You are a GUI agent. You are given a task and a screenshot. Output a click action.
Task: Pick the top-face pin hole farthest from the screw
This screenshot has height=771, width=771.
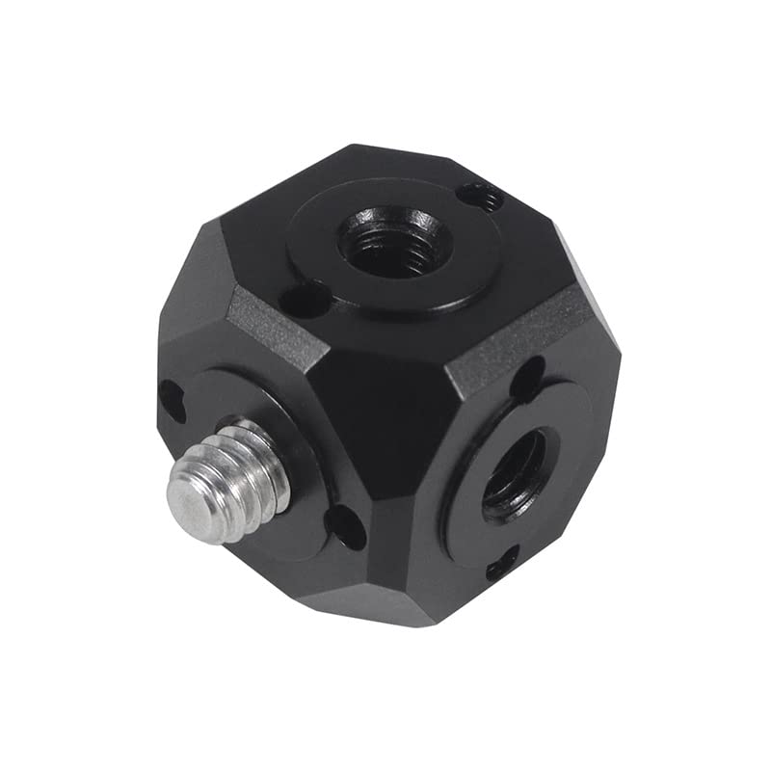click(x=481, y=198)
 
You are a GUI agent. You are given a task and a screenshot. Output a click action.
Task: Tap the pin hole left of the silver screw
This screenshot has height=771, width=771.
click(x=172, y=399)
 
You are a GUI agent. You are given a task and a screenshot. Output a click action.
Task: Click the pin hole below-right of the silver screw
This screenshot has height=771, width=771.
click(x=347, y=525)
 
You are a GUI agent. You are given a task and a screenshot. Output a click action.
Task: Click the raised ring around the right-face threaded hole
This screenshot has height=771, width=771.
click(x=569, y=453)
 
